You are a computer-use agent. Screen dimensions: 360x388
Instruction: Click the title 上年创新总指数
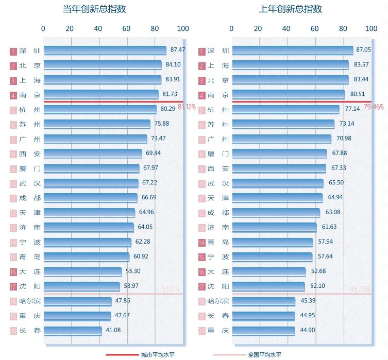291,9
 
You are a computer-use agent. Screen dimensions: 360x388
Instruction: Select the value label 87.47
177,50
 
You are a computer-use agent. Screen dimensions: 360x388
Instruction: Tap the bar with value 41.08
73,331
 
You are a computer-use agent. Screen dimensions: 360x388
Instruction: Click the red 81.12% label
187,107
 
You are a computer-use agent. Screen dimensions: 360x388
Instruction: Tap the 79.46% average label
374,107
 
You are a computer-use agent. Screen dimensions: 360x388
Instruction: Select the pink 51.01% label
171,289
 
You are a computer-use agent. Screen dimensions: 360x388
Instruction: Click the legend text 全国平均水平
265,354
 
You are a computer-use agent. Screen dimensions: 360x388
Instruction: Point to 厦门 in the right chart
218,153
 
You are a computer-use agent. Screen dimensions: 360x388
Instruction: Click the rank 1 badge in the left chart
13,51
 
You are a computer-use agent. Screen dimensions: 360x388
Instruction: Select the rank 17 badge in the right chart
201,286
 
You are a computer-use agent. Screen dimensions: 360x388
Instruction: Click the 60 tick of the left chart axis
126,28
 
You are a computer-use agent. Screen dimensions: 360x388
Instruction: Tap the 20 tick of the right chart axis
258,28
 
